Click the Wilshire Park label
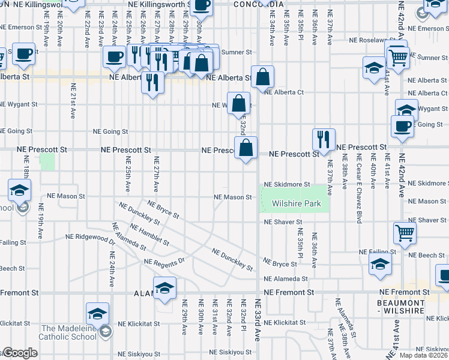[x=297, y=204]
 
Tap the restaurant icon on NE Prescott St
[x=324, y=139]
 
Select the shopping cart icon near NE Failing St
[x=405, y=233]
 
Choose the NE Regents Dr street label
[x=166, y=262]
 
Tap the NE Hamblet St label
[x=150, y=234]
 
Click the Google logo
[x=19, y=353]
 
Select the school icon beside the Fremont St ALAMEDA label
[x=164, y=287]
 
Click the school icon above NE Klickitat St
[x=97, y=313]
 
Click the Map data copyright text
[x=424, y=355]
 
